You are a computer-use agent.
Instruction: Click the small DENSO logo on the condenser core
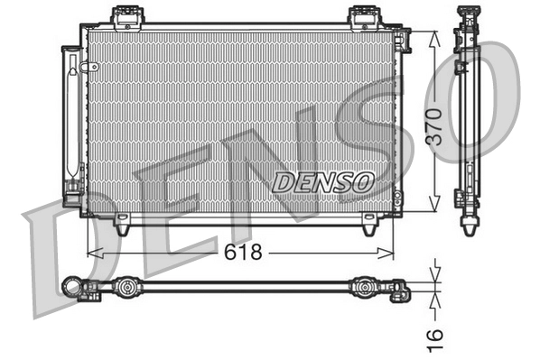coord(322,180)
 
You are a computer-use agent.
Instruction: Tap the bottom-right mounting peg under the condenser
coord(370,226)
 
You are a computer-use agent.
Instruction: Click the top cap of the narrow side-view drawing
coord(469,12)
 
